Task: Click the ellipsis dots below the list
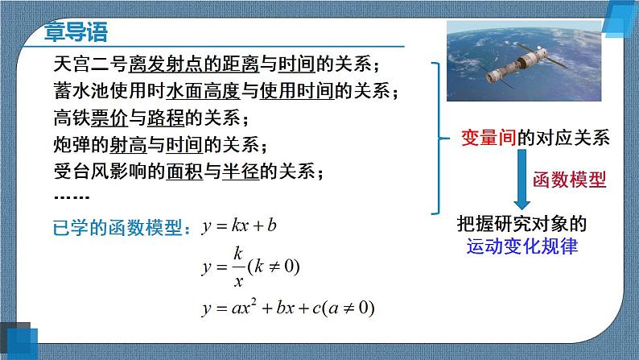70,197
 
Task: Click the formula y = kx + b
239,226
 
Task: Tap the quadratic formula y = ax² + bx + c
288,307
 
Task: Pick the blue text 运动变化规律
522,248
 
